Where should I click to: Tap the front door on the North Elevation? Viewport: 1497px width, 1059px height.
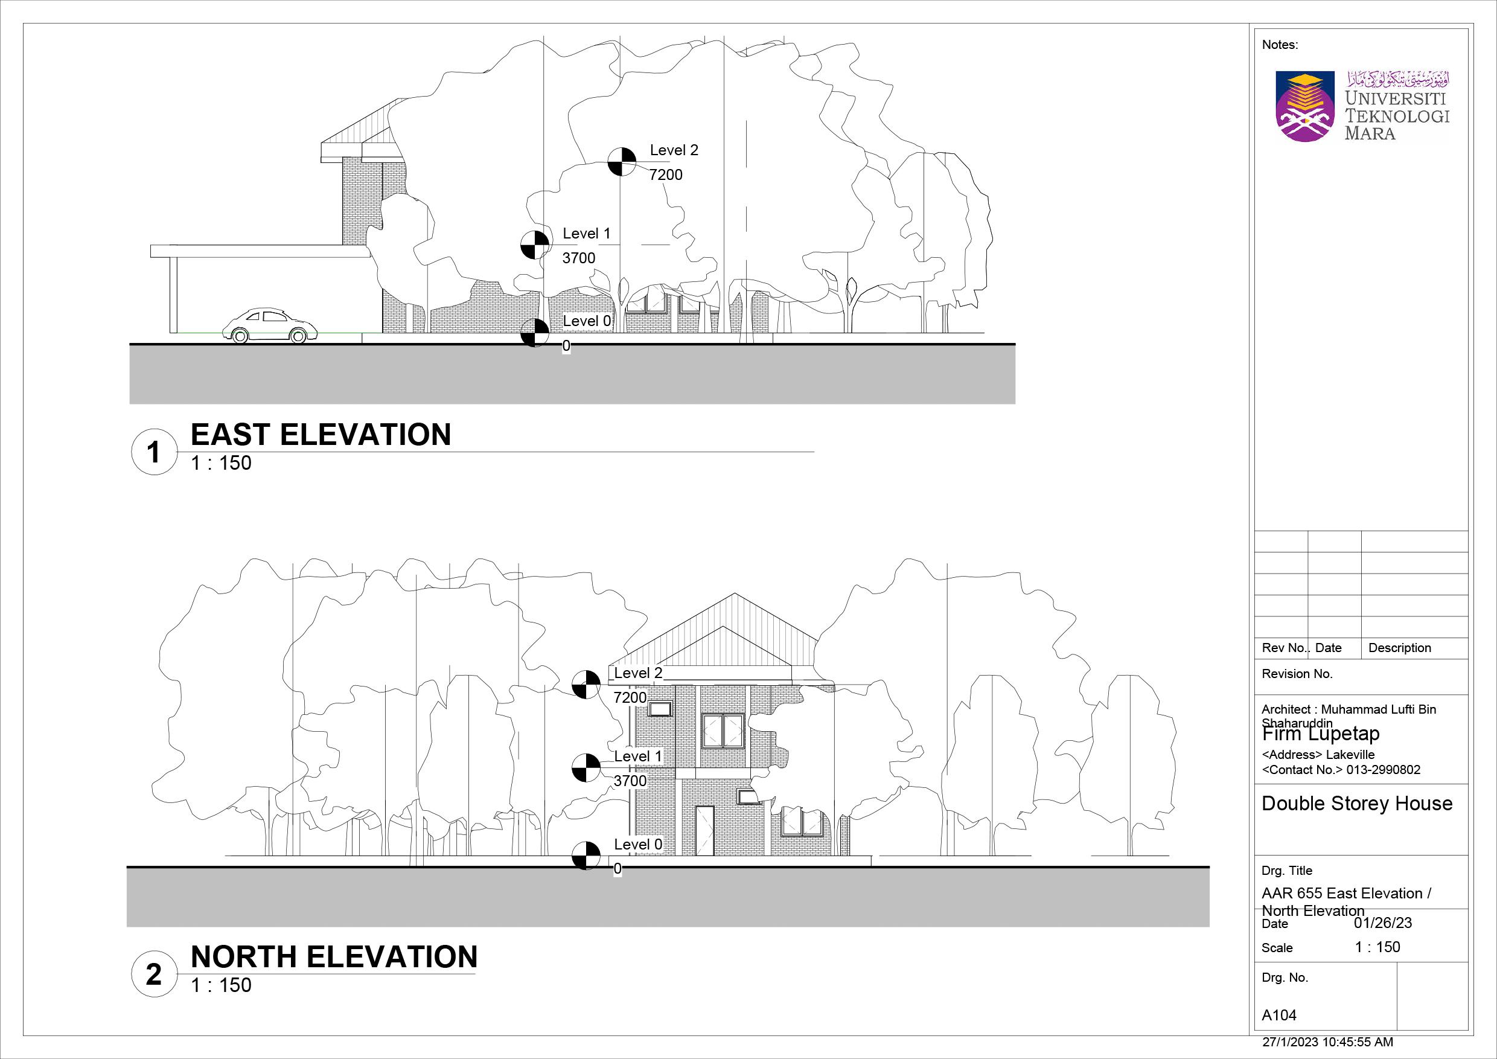704,830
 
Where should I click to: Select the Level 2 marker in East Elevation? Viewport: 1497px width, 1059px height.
622,162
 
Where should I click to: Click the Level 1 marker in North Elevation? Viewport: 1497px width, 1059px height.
586,767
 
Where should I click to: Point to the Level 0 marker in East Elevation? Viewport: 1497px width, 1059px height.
535,333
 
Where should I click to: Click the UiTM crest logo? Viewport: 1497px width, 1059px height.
1306,107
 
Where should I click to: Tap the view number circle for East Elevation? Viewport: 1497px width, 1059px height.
153,452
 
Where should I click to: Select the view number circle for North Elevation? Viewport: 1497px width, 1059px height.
153,974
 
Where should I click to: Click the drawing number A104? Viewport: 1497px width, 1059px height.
1279,1016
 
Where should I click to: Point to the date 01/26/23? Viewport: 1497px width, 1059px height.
1383,923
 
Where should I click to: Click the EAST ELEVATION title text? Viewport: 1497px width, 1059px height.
320,435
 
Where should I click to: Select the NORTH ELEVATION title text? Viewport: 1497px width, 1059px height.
334,956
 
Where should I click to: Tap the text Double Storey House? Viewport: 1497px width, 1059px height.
1357,804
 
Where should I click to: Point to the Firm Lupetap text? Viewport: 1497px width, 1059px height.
1321,734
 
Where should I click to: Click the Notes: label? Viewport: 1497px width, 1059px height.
1280,45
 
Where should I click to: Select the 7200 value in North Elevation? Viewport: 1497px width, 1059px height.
630,697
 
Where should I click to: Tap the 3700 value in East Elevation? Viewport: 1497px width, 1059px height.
578,258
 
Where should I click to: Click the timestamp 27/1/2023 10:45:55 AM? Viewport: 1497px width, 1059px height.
1327,1042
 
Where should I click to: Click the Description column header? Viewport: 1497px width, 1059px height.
1399,647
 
